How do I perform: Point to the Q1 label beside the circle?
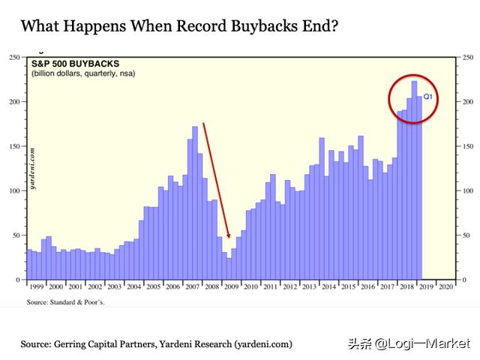429,97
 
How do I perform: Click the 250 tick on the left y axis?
14,58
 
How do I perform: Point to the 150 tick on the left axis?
14,146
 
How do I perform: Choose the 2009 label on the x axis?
232,286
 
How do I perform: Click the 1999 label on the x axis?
37,286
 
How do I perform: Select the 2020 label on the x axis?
445,286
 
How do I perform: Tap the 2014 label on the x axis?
329,286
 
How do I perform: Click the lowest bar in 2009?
229,268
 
